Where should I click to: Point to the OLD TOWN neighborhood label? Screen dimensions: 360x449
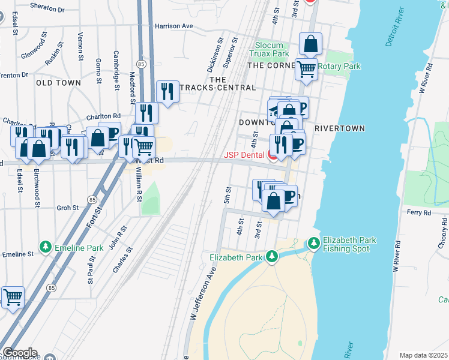58,83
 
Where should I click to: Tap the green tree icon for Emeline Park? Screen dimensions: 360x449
45,247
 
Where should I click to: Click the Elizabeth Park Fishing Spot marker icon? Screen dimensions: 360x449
313,243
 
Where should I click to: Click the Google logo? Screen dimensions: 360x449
19,353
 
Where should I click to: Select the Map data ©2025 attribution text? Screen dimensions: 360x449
423,355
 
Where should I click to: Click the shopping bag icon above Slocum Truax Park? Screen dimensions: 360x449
310,44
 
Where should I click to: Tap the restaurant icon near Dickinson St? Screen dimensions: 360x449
166,92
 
